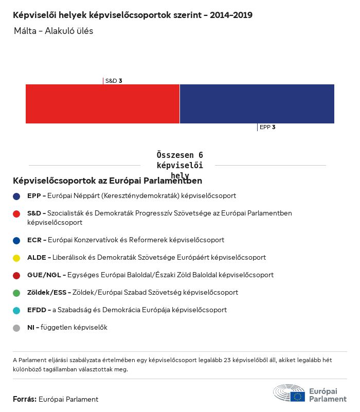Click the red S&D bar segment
pyautogui.click(x=102, y=104)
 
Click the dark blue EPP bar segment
pyautogui.click(x=257, y=104)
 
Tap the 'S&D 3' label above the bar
pyautogui.click(x=114, y=81)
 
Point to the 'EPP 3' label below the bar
pyautogui.click(x=267, y=127)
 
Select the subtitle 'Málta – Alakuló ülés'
pyautogui.click(x=54, y=31)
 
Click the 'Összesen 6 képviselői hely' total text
pyautogui.click(x=179, y=165)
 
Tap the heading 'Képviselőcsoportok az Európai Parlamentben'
pyautogui.click(x=107, y=181)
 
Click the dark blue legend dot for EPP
pyautogui.click(x=17, y=196)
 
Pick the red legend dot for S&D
pyautogui.click(x=17, y=213)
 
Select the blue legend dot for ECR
pyautogui.click(x=17, y=240)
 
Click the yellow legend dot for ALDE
pyautogui.click(x=17, y=258)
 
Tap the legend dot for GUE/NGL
pyautogui.click(x=17, y=275)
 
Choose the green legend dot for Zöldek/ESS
pyautogui.click(x=17, y=293)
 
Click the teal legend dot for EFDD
pyautogui.click(x=17, y=310)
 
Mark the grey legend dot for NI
pyautogui.click(x=17, y=328)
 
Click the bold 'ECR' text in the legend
pyautogui.click(x=34, y=240)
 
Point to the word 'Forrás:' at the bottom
pyautogui.click(x=24, y=399)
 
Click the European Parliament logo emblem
pyautogui.click(x=289, y=392)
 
